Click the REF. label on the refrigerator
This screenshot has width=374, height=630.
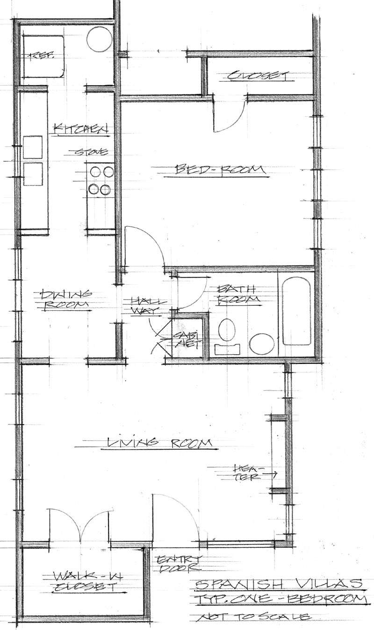coord(42,56)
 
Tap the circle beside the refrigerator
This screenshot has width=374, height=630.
coord(100,39)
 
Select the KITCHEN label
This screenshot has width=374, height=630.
coord(82,129)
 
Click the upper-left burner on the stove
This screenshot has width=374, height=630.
coord(95,172)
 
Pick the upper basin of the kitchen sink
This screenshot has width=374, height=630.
coord(33,147)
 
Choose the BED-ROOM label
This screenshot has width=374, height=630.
coord(215,170)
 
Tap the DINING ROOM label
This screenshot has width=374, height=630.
coord(66,300)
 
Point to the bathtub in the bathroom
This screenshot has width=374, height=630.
coord(297,311)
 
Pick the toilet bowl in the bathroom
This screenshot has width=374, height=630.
coord(227,329)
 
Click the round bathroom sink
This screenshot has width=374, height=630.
coord(262,344)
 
